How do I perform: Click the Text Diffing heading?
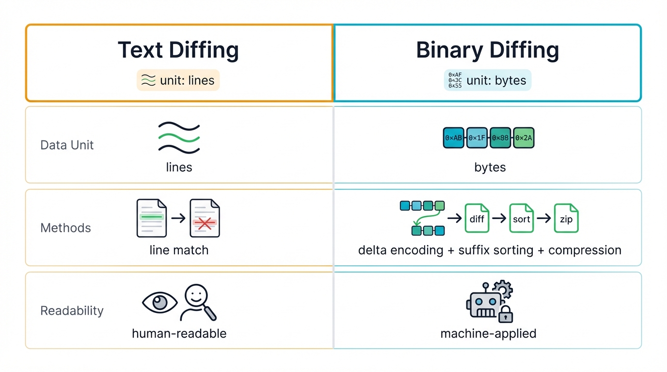178,50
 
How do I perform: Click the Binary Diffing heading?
488,50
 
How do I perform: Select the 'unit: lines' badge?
178,80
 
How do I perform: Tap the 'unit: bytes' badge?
488,80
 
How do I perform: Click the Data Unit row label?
67,145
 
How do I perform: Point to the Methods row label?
65,228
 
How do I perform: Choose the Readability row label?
72,310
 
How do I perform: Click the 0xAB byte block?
454,138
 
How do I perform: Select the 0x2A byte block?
524,138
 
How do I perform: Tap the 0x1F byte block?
477,138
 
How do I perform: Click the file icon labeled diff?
477,218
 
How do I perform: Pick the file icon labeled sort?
522,218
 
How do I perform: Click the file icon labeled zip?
566,218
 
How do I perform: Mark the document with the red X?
205,218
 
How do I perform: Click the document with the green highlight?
152,218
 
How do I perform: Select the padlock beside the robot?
506,314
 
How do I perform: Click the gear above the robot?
502,290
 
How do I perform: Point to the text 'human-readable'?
179,333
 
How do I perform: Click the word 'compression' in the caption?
585,250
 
